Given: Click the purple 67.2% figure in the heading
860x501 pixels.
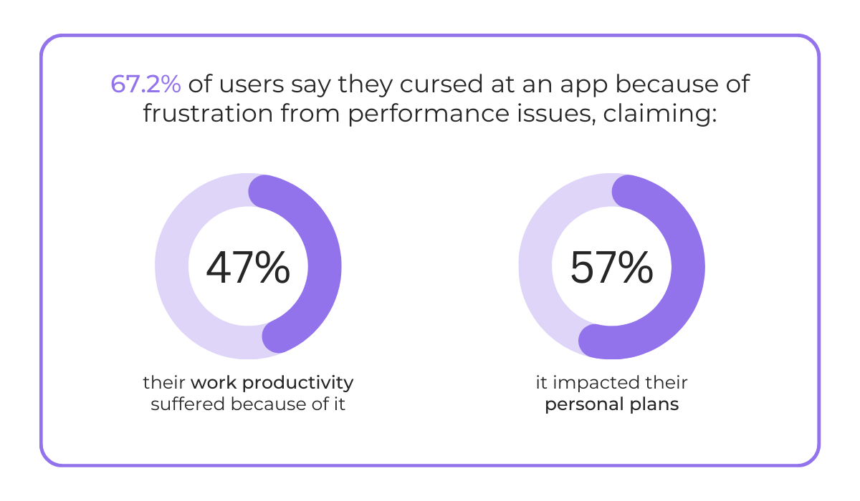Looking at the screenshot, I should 145,84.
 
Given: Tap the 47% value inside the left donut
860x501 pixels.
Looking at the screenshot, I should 248,268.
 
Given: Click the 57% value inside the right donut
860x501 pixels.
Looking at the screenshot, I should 611,268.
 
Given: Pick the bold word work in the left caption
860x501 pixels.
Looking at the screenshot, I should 213,383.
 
